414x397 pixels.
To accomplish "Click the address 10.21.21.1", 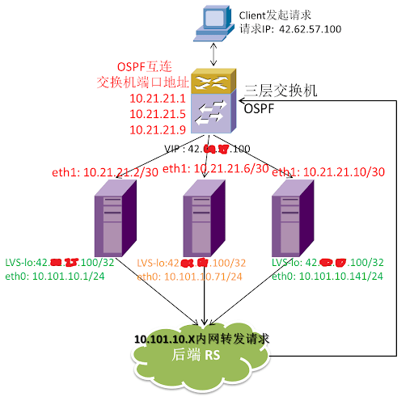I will coord(158,99).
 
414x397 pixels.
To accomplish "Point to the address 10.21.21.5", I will coord(158,114).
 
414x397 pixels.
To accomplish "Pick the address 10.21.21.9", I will coord(158,129).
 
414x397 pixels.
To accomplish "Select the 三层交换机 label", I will coord(282,92).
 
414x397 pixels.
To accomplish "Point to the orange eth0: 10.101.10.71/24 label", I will coord(192,277).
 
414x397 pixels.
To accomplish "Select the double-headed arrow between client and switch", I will coord(212,55).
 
